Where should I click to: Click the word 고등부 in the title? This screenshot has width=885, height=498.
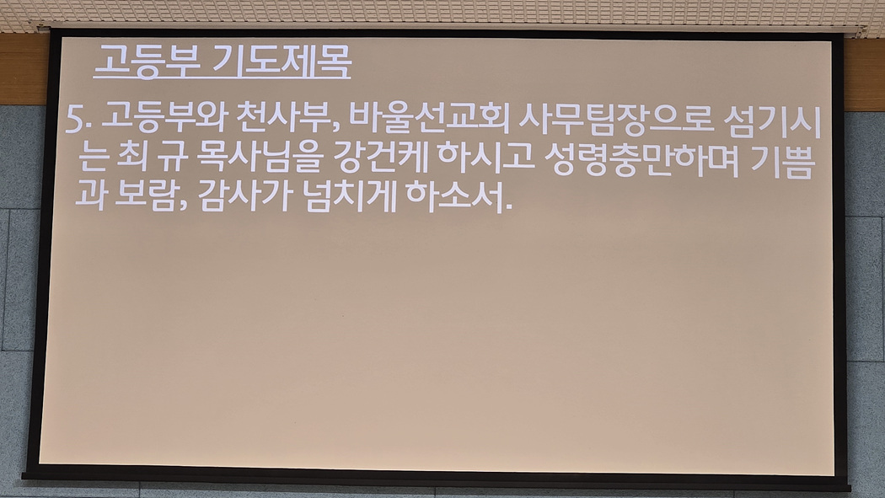(x=147, y=60)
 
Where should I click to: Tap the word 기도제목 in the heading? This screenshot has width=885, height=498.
(x=282, y=60)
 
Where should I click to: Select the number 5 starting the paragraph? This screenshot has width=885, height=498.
(x=74, y=119)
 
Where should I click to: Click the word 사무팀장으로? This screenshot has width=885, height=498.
(x=616, y=120)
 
